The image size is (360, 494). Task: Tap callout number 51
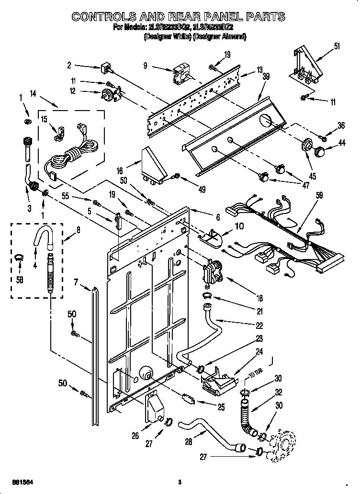pyautogui.click(x=337, y=46)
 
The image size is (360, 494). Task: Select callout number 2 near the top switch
pyautogui.click(x=69, y=65)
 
